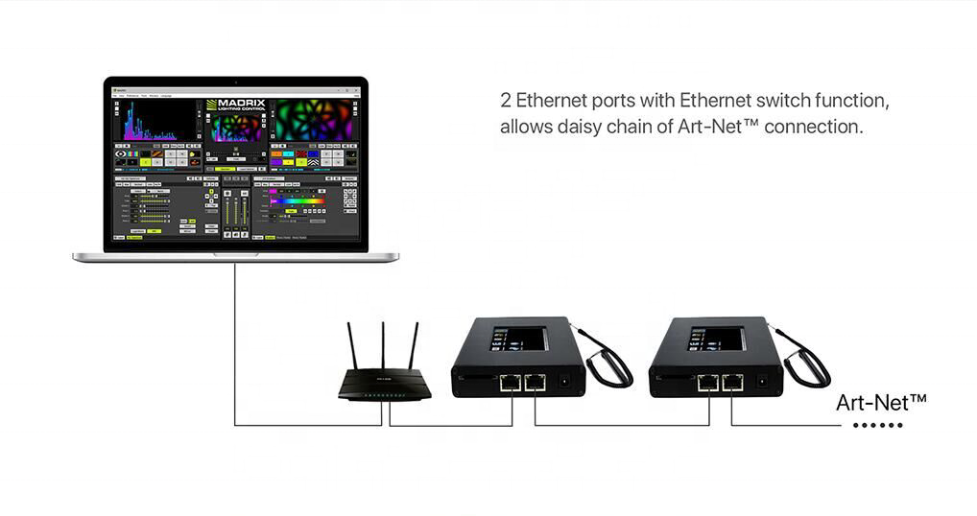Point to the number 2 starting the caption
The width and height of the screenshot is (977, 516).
click(506, 101)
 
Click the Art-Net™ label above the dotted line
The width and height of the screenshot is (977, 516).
click(880, 402)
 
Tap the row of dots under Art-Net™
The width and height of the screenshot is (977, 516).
click(878, 425)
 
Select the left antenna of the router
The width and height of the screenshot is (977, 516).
click(351, 345)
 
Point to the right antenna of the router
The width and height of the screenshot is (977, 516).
click(414, 345)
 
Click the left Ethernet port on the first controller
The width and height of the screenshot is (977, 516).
click(511, 383)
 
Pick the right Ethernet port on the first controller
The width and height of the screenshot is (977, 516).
click(535, 383)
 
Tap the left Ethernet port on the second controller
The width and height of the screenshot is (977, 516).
click(708, 383)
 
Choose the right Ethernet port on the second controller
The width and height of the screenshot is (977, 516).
click(732, 383)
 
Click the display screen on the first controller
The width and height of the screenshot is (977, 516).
click(519, 339)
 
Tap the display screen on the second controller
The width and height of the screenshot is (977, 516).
click(717, 339)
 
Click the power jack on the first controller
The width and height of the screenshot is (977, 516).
click(566, 382)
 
